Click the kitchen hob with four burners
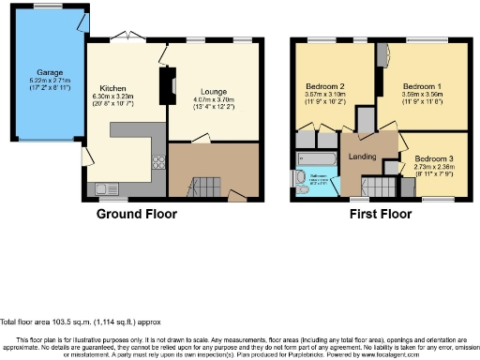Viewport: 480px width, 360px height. pos(157,159)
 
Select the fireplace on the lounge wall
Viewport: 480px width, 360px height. pos(173,87)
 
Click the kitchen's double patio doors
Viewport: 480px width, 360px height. pos(126,39)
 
